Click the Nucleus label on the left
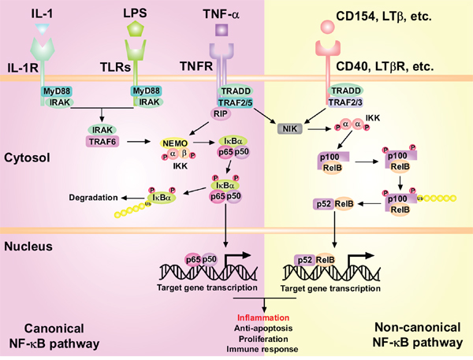click(27, 247)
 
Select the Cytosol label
click(26, 157)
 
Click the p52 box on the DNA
click(304, 258)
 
